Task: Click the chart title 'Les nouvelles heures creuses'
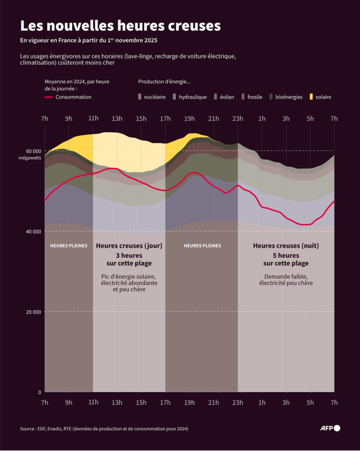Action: coord(120,26)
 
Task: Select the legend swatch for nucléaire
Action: coord(140,97)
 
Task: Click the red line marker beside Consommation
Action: coord(48,97)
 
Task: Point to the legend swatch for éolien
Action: coord(216,97)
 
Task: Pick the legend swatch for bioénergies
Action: coord(271,97)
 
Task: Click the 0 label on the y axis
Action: coord(39,392)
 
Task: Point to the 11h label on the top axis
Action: coord(93,118)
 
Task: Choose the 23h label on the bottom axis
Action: coord(237,403)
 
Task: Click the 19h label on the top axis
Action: coord(189,118)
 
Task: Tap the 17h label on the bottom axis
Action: coord(165,403)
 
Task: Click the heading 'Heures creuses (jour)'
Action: coord(129,246)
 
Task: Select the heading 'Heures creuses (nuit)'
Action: coord(286,246)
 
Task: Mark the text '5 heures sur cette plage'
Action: coord(286,259)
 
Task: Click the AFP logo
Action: coord(330,428)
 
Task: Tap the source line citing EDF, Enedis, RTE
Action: coord(104,429)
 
